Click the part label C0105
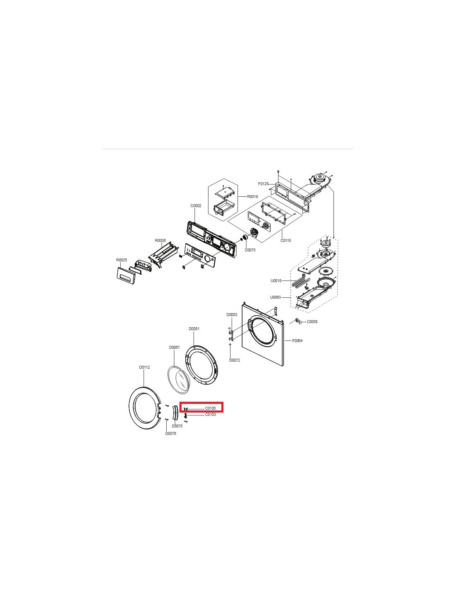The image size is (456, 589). tap(210, 408)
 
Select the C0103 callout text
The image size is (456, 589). tap(210, 415)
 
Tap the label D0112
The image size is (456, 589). tap(144, 367)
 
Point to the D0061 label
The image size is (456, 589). tap(174, 347)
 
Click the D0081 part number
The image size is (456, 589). tap(194, 329)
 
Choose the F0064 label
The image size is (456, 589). tap(297, 341)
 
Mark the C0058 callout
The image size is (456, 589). tap(312, 322)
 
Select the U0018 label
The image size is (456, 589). tap(276, 281)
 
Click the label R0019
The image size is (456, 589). tap(252, 196)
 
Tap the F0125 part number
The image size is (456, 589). tap(263, 184)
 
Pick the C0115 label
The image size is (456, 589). tap(286, 240)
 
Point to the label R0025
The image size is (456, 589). tap(121, 260)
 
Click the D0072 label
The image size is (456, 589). tap(234, 360)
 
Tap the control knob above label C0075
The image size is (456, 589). tap(245, 238)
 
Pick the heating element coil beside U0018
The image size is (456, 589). tap(298, 281)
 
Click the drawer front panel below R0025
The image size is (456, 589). tap(126, 276)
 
